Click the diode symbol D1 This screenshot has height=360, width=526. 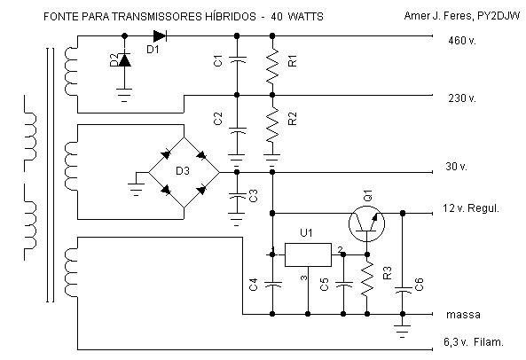[x=160, y=35]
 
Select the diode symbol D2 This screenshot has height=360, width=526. [x=125, y=60]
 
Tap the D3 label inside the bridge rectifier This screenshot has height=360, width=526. [x=183, y=171]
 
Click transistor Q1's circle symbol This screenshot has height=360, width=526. [x=366, y=224]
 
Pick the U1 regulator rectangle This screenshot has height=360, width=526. [x=308, y=255]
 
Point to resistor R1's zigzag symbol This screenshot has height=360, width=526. [x=272, y=66]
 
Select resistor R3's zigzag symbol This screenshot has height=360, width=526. [x=367, y=279]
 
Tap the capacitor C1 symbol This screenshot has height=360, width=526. [x=237, y=59]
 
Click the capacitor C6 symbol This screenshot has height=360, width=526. [x=403, y=290]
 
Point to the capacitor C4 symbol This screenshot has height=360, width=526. [x=272, y=285]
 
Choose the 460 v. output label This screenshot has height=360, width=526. [x=462, y=41]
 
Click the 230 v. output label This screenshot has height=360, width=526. [x=462, y=98]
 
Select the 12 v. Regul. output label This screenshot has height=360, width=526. [x=471, y=208]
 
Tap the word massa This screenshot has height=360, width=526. [x=463, y=315]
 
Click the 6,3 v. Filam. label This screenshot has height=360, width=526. [x=474, y=342]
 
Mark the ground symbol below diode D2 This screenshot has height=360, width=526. [x=124, y=95]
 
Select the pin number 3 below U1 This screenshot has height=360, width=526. [x=303, y=278]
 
